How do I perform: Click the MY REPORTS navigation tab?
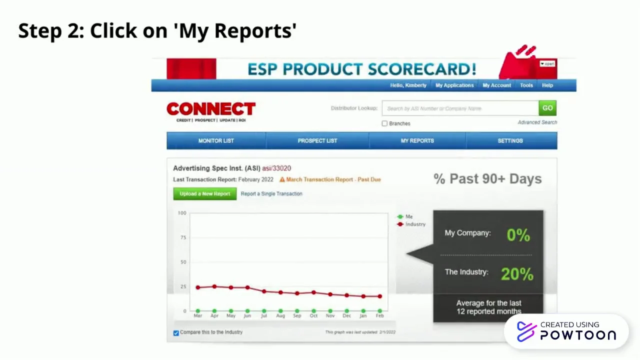pos(417,140)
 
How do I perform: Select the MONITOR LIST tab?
pos(216,140)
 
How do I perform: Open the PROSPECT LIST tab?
pos(317,140)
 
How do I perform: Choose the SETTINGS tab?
pos(510,140)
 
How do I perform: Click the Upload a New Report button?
pos(205,193)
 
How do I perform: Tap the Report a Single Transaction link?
pos(271,193)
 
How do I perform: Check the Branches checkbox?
pos(384,123)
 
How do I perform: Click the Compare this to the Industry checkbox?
pos(176,333)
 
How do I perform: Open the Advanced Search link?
pos(537,122)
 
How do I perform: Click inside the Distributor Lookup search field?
pos(460,108)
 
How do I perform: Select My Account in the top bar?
pos(496,85)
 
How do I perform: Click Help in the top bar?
pos(547,85)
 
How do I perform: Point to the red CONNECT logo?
pos(211,109)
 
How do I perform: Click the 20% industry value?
pos(517,274)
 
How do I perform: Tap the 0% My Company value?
pos(518,235)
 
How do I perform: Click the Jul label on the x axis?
pos(264,316)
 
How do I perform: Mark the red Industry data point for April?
pos(214,286)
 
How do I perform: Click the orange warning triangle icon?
pos(282,179)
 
